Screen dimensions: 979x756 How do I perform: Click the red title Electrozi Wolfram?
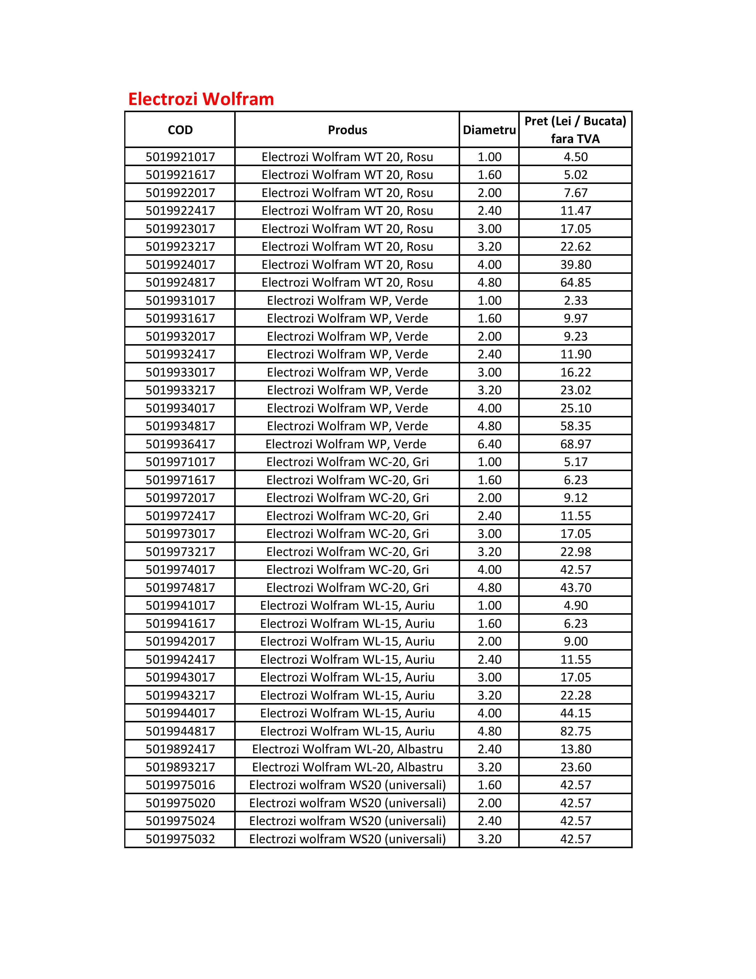pos(201,99)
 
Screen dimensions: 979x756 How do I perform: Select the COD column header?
pos(180,130)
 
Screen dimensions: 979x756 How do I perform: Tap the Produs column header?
pos(347,130)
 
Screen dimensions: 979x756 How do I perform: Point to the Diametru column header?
pos(489,130)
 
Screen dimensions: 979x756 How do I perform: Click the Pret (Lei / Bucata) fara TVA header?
pos(575,130)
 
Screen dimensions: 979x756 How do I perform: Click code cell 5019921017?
pos(180,157)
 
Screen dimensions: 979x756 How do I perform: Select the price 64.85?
pos(575,282)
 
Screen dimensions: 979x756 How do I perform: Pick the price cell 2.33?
pos(575,300)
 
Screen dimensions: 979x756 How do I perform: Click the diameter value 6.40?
pos(489,444)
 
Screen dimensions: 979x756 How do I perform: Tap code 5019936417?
pos(180,444)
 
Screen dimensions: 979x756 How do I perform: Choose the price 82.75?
pos(575,731)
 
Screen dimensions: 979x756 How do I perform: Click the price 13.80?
pos(575,749)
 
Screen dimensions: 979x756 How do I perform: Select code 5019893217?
pos(180,767)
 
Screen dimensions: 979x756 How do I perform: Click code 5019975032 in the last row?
pos(180,839)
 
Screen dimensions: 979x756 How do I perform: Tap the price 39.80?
pos(575,264)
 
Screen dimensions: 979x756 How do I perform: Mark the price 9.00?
pos(575,641)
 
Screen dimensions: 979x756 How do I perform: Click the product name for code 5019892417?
pos(347,749)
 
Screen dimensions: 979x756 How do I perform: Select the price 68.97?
pos(575,444)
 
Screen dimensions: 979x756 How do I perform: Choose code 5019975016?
pos(180,785)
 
